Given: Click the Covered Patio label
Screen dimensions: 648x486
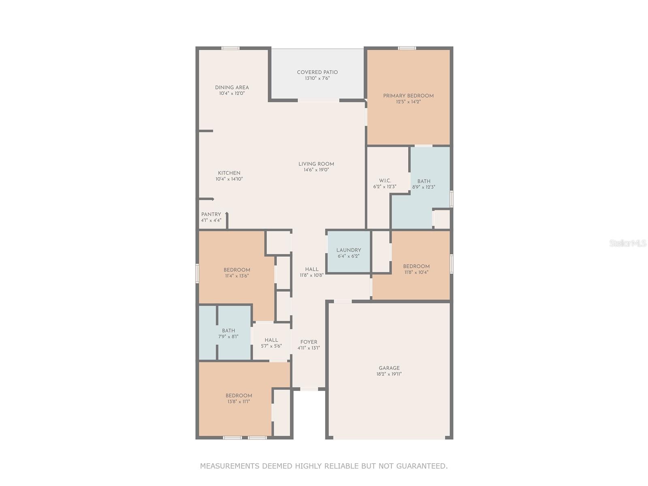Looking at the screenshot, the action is point(317,72).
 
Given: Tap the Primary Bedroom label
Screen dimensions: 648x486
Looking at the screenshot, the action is point(408,96).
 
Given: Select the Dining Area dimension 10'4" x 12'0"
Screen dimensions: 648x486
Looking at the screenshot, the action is point(232,93).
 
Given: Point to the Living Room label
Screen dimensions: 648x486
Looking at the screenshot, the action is point(316,164).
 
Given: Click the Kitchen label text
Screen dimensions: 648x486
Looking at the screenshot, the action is point(229,173).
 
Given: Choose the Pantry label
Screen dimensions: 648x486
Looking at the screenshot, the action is point(211,215).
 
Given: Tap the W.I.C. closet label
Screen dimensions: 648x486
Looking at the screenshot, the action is point(385,181).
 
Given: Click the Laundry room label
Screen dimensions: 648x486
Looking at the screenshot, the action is point(349,250).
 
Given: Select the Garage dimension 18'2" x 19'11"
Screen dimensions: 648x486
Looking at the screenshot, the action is point(389,374).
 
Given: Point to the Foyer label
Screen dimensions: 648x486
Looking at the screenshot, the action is point(309,342).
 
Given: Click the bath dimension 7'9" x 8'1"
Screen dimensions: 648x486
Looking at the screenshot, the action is point(228,337).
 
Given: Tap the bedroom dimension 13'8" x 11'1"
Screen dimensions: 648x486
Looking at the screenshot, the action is point(239,401).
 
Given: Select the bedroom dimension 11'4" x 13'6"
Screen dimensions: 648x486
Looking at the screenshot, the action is point(237,276).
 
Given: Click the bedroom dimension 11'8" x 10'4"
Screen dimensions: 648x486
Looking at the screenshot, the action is point(416,272).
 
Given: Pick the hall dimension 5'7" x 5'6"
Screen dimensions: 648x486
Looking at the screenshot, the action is point(271,346).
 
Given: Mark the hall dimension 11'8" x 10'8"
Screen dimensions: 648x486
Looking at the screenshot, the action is point(312,275).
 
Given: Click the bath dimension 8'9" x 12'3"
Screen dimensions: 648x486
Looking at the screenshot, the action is point(424,187).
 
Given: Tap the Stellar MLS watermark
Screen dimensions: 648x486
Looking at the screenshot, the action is point(628,243).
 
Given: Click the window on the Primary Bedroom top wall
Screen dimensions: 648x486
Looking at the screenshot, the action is point(407,48).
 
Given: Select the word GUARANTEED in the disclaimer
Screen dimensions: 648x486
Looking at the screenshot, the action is point(422,466).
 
